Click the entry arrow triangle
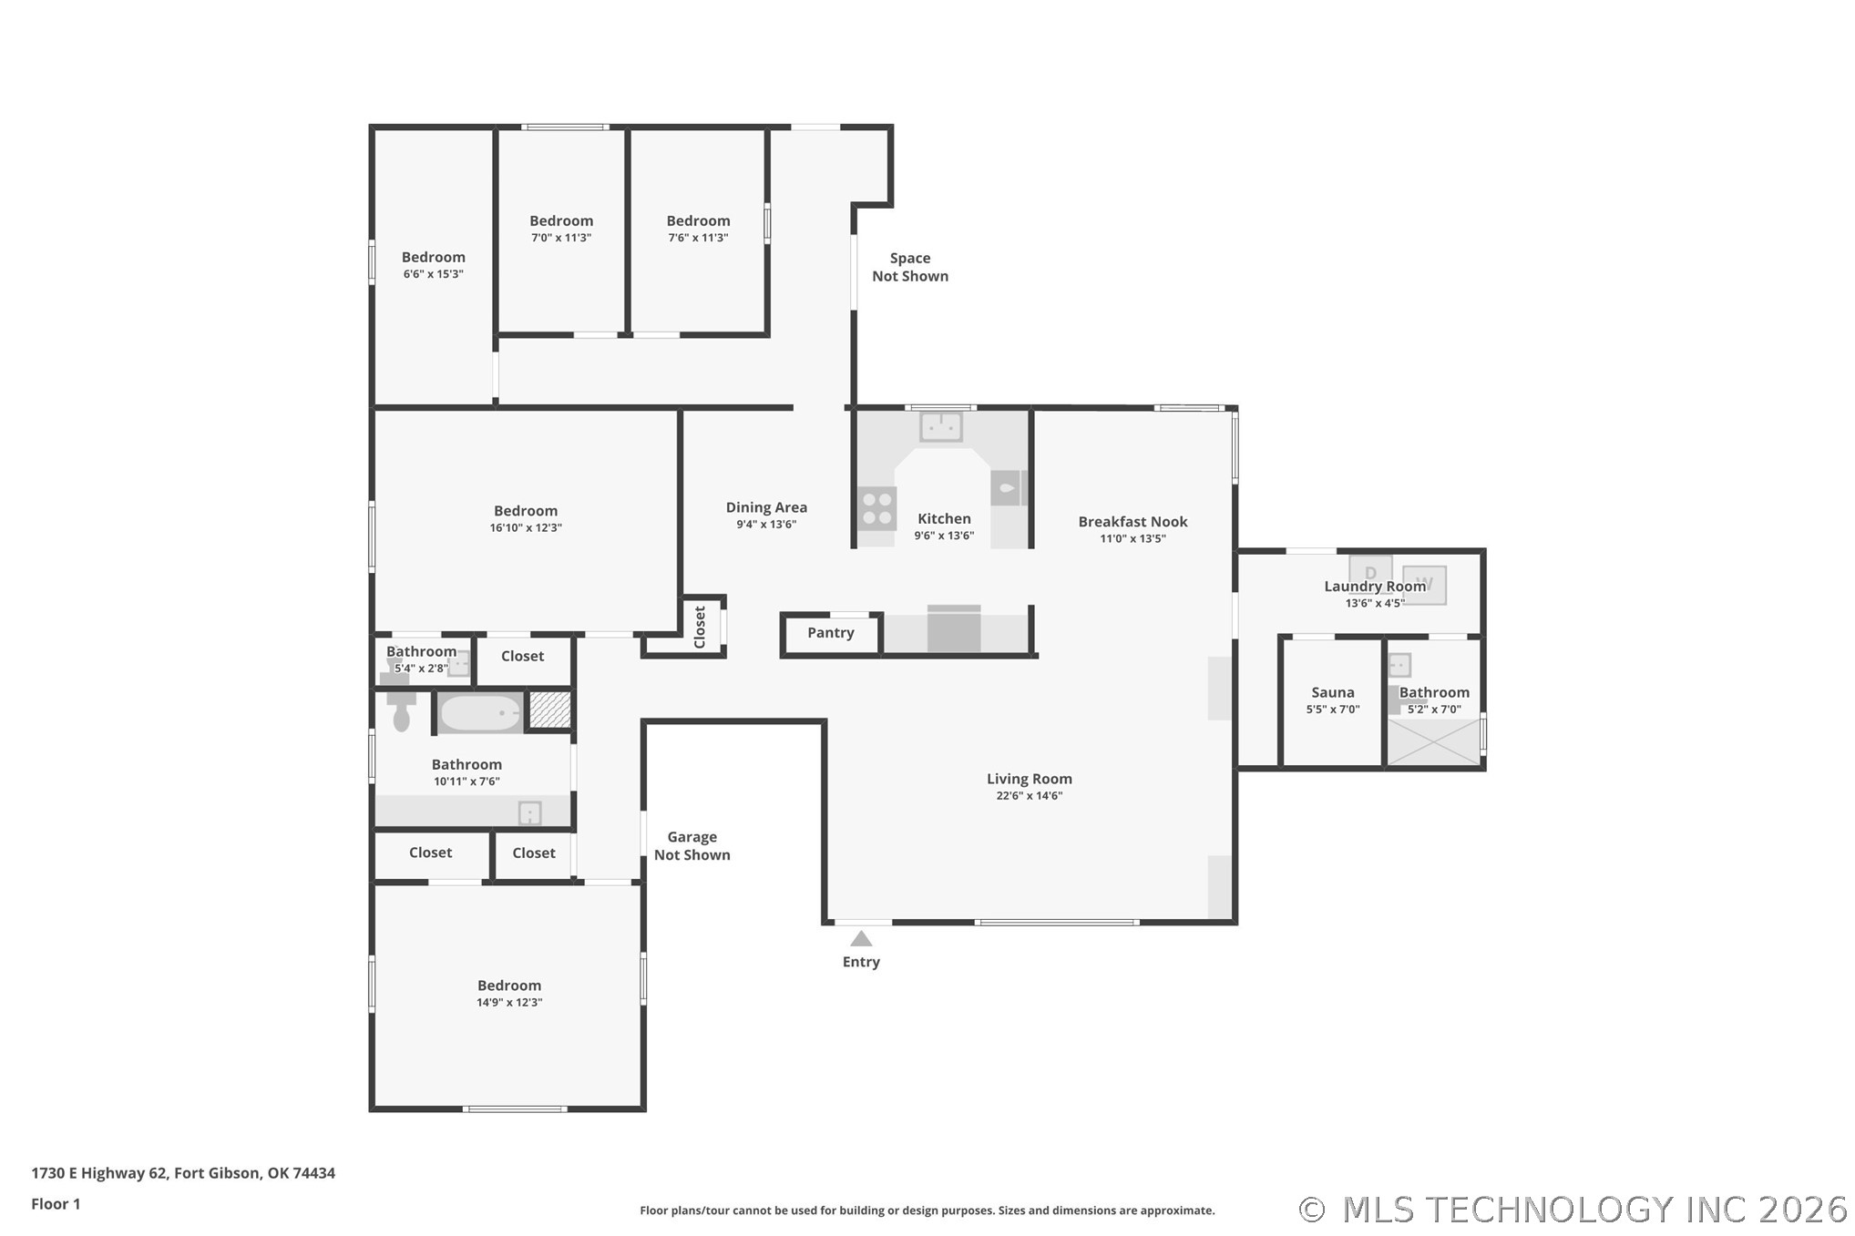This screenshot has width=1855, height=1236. tap(861, 938)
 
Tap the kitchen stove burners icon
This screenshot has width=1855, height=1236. tap(877, 509)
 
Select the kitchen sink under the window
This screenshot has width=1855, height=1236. tap(941, 426)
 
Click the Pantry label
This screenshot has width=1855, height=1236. tap(831, 632)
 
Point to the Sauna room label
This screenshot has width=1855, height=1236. tap(1333, 692)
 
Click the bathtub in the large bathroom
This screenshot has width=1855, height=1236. tap(480, 712)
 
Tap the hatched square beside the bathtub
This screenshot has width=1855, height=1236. tap(549, 710)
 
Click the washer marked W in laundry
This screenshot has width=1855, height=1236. tap(1424, 585)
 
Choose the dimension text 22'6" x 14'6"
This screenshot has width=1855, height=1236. tap(1030, 796)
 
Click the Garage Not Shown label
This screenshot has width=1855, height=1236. tap(692, 845)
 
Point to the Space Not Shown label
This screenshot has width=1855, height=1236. tap(910, 267)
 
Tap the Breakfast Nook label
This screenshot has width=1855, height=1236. tap(1132, 521)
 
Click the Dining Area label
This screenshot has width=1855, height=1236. tap(766, 507)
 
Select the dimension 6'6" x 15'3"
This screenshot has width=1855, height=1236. tap(434, 274)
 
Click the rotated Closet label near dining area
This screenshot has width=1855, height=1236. tap(700, 627)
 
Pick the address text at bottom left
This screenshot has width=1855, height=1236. tap(183, 1173)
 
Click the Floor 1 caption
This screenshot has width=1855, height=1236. tap(56, 1204)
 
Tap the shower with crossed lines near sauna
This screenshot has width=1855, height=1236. tap(1433, 742)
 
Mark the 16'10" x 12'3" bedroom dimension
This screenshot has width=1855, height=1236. tap(526, 528)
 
